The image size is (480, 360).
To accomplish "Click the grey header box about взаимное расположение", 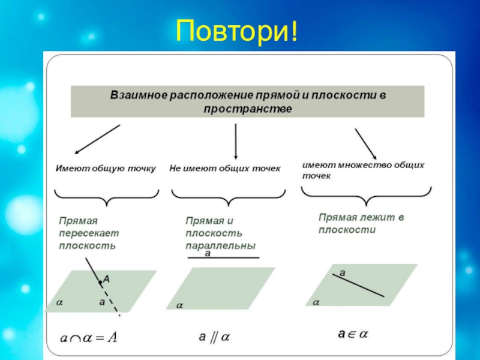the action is (247, 101).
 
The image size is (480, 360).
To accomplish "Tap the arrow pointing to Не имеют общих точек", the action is (235, 141).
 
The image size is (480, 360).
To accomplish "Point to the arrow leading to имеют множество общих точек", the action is (365, 143).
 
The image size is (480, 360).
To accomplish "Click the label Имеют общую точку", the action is (106, 169).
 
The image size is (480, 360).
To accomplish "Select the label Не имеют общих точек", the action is (225, 169).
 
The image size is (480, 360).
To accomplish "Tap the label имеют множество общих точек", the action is (363, 170).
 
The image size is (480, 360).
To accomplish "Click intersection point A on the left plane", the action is (100, 281).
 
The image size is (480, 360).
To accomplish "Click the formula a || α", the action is (214, 337).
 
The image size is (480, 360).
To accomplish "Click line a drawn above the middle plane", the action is (224, 258).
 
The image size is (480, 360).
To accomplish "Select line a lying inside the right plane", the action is (359, 284).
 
